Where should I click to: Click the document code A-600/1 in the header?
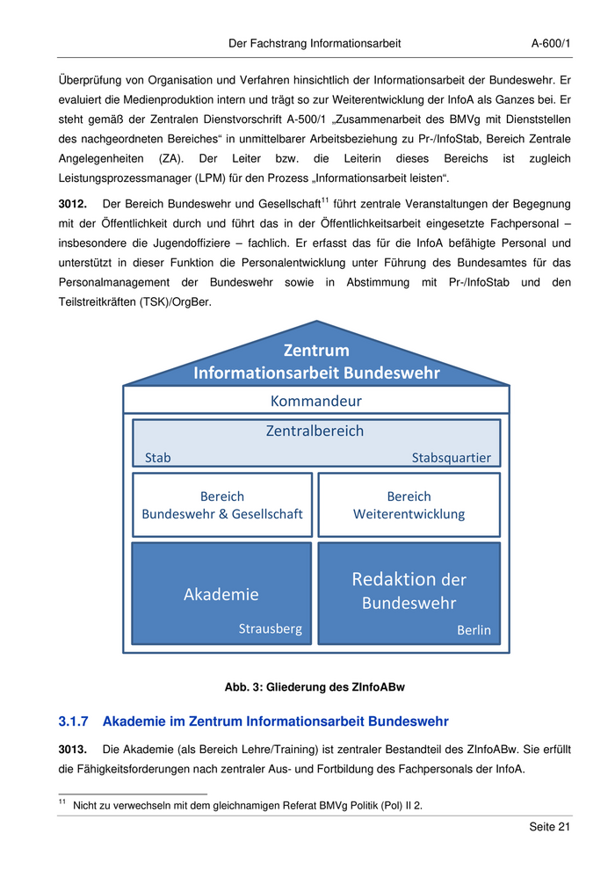coord(552,42)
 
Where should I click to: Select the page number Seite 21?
coord(550,827)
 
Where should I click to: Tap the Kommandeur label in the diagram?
coord(315,401)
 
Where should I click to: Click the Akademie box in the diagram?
coord(221,594)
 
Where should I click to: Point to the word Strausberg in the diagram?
coord(271,628)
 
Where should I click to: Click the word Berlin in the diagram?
coord(474,629)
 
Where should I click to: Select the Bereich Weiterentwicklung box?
coord(409,504)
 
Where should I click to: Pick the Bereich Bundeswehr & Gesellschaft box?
coord(222,504)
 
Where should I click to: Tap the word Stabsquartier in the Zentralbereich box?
coord(451,457)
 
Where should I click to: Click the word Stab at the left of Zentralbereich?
coord(157,457)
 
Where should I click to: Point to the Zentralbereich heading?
coord(315,431)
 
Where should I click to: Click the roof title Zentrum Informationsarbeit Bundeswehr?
coord(316,361)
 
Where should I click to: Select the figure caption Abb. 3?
coord(315,686)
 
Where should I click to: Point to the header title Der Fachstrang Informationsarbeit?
coord(315,42)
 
